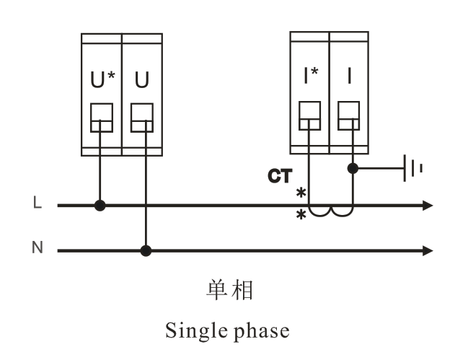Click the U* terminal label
[101, 80]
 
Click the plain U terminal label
[142, 80]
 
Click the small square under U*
[101, 118]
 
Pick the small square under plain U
[142, 118]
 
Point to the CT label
[279, 175]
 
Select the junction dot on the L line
[100, 206]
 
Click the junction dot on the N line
[146, 251]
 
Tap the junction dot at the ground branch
[353, 169]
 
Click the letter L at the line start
[37, 203]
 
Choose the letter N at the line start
[37, 248]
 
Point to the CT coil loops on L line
[331, 211]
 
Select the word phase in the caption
[262, 331]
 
